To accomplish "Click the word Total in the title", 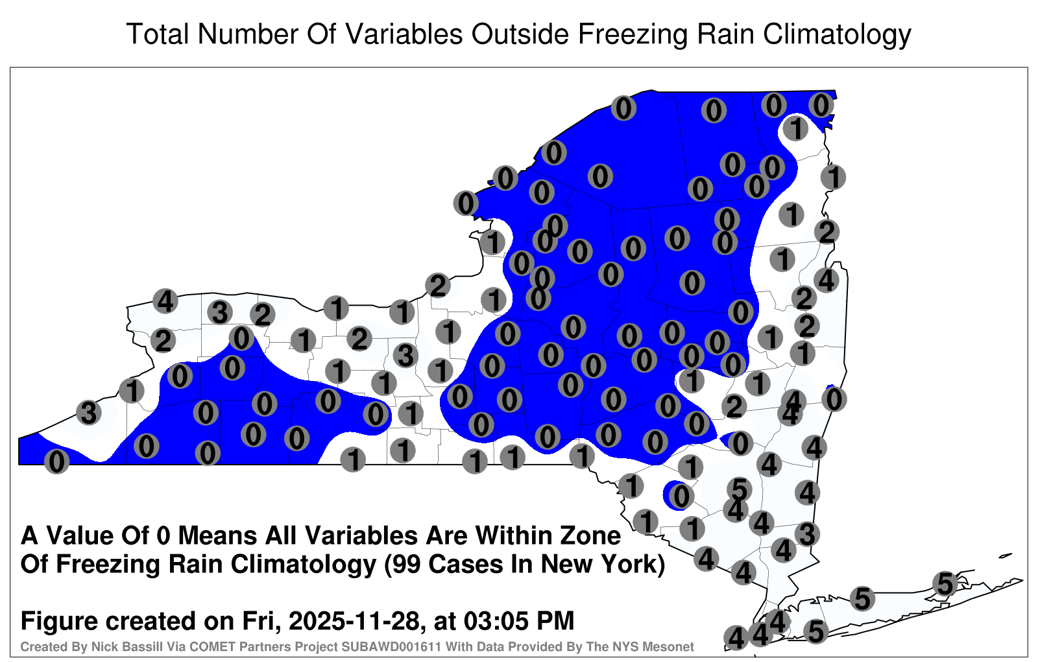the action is (158, 34).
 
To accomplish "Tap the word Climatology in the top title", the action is (837, 35).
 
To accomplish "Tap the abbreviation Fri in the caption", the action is (261, 621).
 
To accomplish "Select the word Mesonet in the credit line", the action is (671, 646).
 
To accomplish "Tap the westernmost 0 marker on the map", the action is (56, 461).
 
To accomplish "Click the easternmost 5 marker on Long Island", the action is (945, 583).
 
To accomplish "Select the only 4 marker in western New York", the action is (165, 301).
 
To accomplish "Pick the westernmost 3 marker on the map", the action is (88, 412).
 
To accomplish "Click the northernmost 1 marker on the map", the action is (795, 129).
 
